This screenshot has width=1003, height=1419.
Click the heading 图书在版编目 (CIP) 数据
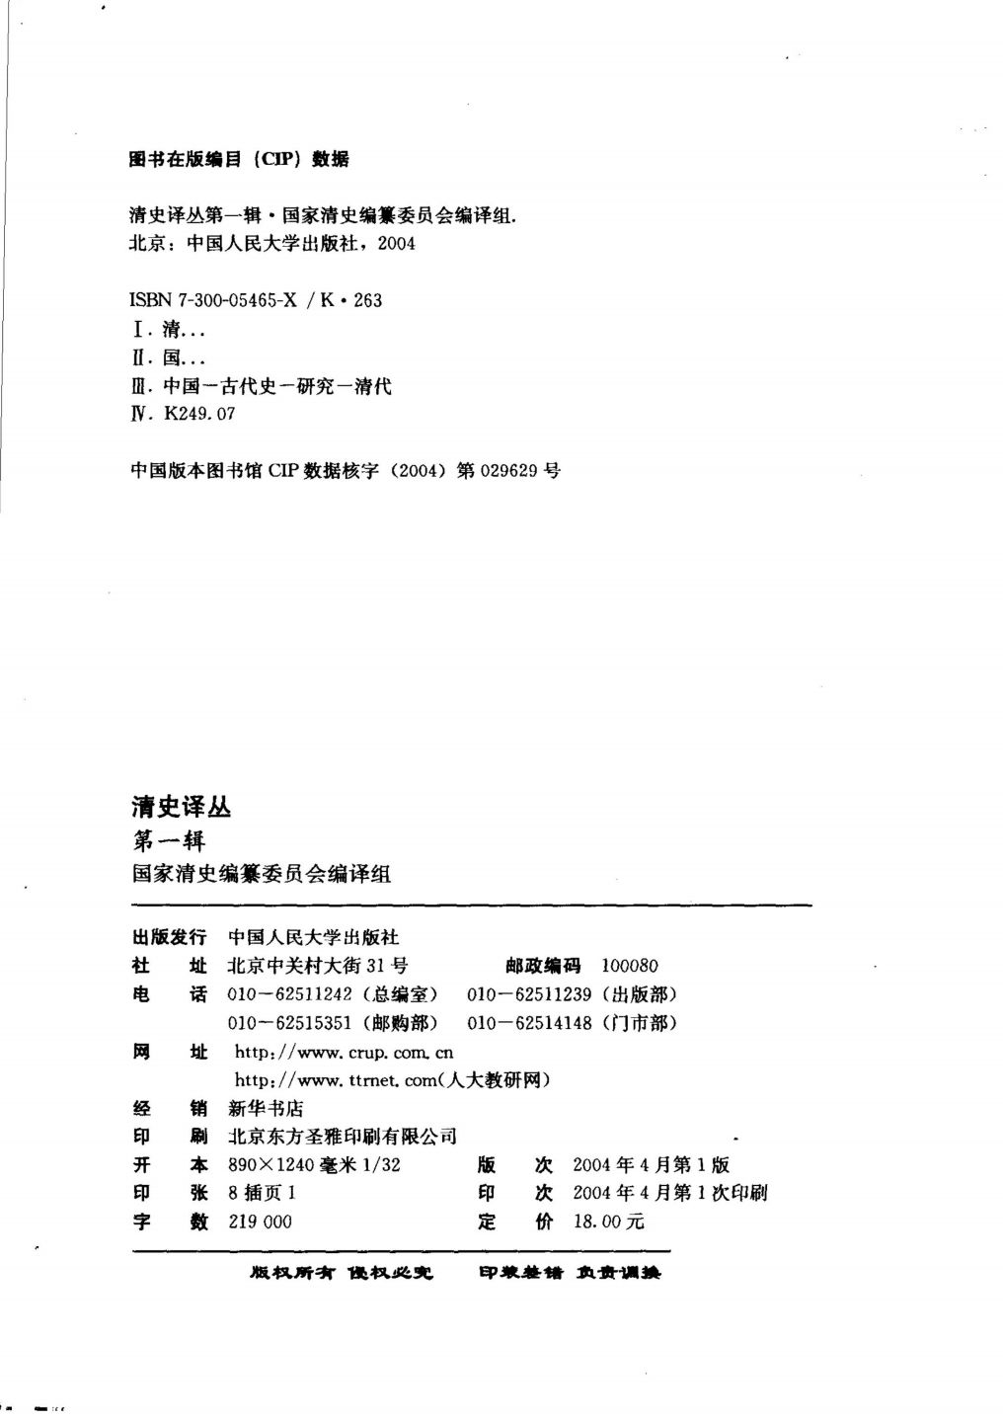[x=239, y=159]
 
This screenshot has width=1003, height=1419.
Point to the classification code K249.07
[x=199, y=415]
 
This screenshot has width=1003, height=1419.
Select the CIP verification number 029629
[x=508, y=471]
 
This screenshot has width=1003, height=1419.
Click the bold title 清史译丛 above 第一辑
[x=182, y=807]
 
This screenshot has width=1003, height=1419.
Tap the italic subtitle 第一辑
[x=169, y=841]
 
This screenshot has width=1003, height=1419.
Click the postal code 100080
[x=629, y=966]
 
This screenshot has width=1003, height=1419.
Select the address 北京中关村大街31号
[x=317, y=966]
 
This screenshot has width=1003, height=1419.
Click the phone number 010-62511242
[x=289, y=994]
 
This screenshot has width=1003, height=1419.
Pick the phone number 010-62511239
[x=528, y=994]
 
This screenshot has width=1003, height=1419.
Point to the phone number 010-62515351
[x=289, y=1023]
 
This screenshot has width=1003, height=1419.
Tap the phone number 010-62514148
[x=529, y=1023]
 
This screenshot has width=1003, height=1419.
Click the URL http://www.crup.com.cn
[x=344, y=1053]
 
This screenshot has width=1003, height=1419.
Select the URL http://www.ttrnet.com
[x=336, y=1080]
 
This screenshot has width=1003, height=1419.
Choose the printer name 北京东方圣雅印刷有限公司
[x=342, y=1138]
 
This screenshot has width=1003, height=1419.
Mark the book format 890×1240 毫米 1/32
[x=314, y=1165]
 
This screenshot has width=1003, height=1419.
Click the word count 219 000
[x=260, y=1222]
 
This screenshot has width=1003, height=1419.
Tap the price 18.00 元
[x=608, y=1222]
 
